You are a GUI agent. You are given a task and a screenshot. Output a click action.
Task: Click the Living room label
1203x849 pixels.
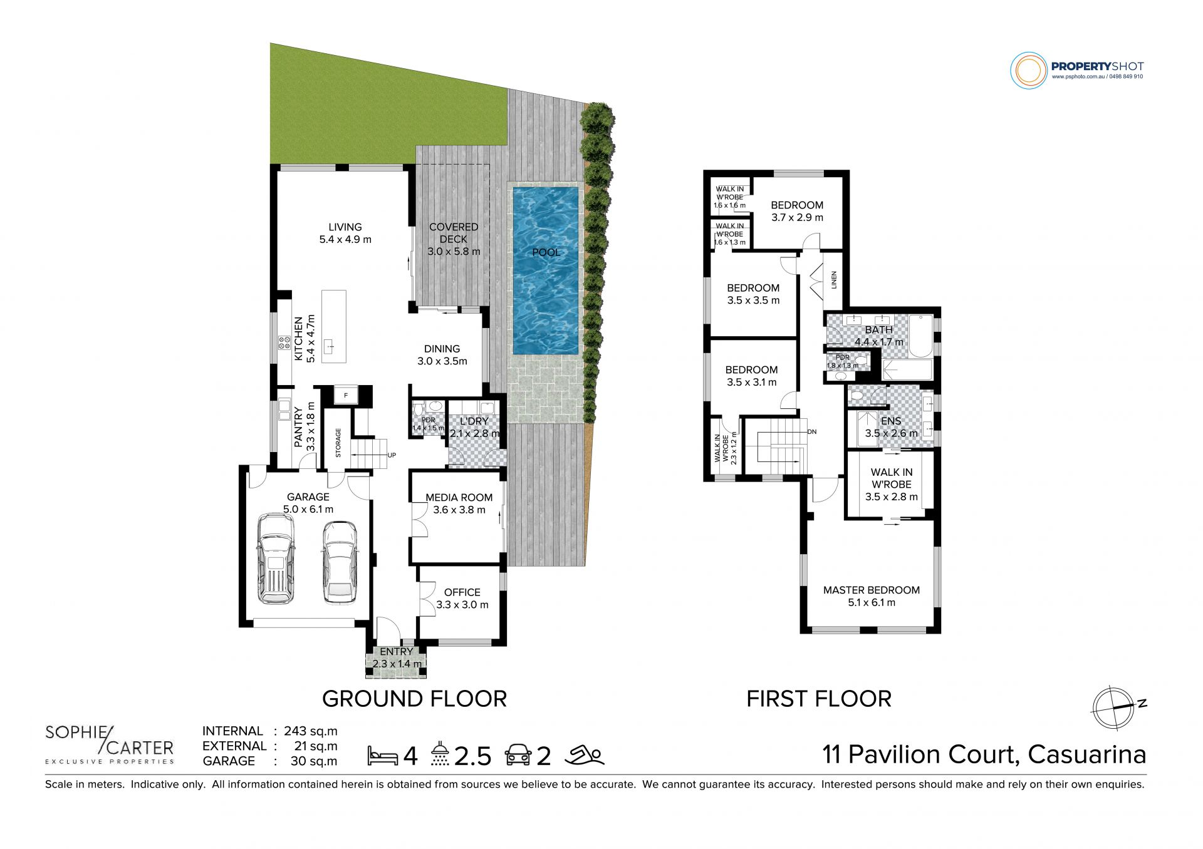[345, 227]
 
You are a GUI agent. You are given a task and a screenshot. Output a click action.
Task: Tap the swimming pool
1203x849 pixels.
[546, 270]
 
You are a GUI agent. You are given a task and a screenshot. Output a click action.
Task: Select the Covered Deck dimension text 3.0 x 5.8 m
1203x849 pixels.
[454, 252]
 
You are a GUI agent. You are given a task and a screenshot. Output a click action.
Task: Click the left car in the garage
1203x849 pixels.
[276, 558]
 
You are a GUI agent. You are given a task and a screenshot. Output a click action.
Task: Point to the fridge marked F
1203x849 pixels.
[346, 396]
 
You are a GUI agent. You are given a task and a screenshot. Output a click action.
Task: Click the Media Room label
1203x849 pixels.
[459, 498]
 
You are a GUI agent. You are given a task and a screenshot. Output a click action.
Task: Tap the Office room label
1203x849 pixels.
[462, 592]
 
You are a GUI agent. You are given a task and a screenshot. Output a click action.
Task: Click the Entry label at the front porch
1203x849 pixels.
[396, 652]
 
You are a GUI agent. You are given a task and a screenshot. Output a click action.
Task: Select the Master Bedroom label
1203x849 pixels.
[872, 590]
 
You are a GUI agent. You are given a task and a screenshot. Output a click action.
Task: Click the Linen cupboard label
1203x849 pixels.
[834, 279]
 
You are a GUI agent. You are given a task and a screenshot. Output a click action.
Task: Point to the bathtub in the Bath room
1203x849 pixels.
[921, 336]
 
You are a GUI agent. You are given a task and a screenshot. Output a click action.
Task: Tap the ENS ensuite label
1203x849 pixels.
[891, 421]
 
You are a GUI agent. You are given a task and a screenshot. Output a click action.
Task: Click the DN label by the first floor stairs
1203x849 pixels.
[812, 432]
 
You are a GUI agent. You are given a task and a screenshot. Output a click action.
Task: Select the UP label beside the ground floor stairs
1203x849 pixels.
[392, 455]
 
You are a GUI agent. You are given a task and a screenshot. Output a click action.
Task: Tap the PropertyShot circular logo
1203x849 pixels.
[1029, 70]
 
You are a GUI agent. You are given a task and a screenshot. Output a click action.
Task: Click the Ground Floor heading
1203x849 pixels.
[414, 699]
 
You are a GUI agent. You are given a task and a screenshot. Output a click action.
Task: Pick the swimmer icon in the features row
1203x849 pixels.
[584, 755]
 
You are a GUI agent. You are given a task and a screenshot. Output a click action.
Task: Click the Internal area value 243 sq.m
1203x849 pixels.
[311, 731]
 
